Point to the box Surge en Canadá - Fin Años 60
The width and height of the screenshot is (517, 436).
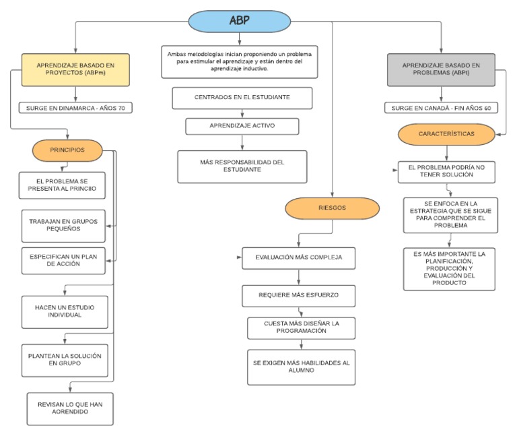440,107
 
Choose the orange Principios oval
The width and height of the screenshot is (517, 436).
67,150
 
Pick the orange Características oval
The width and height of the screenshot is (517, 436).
445,134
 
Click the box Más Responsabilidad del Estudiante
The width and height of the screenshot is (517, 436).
242,166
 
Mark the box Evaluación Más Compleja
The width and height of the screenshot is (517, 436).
299,258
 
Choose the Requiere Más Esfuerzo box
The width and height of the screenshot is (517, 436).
299,295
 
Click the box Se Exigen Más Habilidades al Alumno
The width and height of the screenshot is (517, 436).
301,367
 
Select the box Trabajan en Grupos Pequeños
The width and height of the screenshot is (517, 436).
64,226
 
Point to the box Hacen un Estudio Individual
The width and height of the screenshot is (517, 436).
64,311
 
